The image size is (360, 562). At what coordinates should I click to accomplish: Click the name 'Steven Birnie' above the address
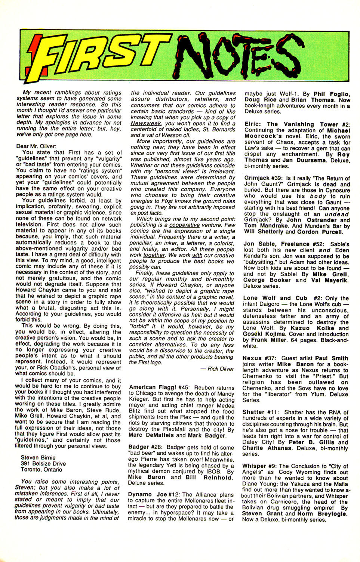[38, 457]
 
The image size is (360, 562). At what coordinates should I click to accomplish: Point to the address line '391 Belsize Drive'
[43, 463]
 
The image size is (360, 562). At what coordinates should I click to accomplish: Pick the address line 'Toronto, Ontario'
[41, 469]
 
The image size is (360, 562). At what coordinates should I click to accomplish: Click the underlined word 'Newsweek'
[146, 123]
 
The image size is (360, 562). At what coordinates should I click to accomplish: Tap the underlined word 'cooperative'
[184, 225]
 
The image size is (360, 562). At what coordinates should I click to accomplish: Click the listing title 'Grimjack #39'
[263, 178]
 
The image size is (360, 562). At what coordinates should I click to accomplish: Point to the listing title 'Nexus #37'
[258, 358]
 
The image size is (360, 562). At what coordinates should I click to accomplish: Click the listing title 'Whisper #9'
[259, 466]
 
